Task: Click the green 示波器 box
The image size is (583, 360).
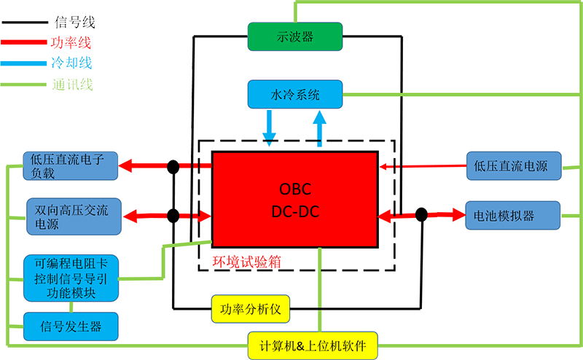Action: click(295, 36)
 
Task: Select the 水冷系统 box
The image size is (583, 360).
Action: click(295, 95)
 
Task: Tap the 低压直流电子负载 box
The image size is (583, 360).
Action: click(70, 166)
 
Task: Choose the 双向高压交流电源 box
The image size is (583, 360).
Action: click(74, 216)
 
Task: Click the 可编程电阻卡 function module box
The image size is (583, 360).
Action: click(71, 278)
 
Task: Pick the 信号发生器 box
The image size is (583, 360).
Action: click(71, 326)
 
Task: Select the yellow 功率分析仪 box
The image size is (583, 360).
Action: click(250, 309)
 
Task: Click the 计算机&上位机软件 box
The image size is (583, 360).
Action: click(313, 346)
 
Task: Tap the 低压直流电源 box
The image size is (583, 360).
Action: click(514, 166)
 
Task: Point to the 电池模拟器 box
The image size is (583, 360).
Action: click(513, 215)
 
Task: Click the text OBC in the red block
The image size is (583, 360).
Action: click(295, 189)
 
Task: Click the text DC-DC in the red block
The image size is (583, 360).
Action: click(295, 211)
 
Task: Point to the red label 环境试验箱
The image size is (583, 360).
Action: click(246, 262)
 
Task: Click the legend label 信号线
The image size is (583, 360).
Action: click(75, 22)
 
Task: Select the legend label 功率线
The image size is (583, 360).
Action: click(71, 42)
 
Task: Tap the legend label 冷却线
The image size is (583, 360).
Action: click(71, 63)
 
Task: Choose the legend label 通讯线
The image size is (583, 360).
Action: click(72, 85)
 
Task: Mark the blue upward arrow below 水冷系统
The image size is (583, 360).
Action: click(319, 129)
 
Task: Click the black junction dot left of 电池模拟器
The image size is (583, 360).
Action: click(421, 214)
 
